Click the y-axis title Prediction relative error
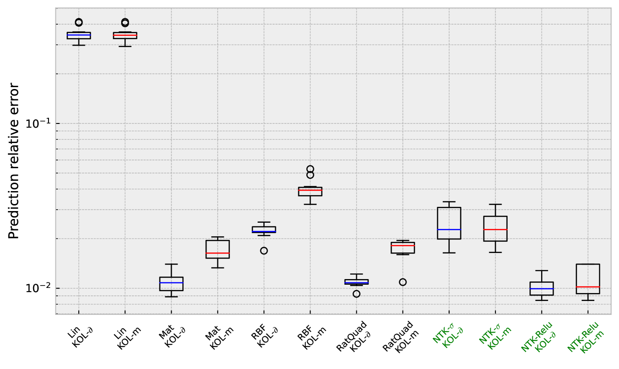click(14, 161)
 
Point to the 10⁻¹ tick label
click(38, 123)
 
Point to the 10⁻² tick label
click(38, 288)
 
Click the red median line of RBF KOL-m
click(310, 190)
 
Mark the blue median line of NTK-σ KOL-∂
click(449, 229)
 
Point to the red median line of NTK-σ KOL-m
click(495, 229)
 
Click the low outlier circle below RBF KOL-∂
click(264, 251)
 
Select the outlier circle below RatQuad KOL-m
click(403, 282)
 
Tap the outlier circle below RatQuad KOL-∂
click(357, 294)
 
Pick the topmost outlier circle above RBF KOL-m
click(310, 169)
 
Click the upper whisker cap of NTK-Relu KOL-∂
click(542, 271)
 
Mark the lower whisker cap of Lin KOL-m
click(125, 47)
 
